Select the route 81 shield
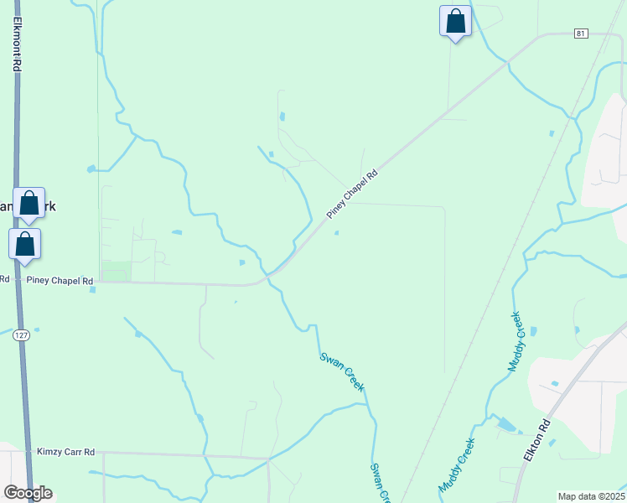[x=581, y=33]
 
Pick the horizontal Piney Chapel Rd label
[x=60, y=281]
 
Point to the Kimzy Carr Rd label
[x=66, y=452]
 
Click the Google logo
[x=28, y=492]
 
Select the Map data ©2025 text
[x=590, y=496]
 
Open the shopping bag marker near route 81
[x=455, y=21]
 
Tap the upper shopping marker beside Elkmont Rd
[x=28, y=203]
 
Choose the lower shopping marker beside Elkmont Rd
[x=25, y=244]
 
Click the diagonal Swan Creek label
[x=342, y=371]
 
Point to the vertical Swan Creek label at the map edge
[x=381, y=483]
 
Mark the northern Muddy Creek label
[x=515, y=342]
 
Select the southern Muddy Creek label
[x=456, y=466]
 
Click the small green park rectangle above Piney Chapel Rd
[x=117, y=272]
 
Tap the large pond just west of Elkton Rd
[x=507, y=425]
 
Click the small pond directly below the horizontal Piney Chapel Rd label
[x=92, y=290]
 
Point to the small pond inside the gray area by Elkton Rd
[x=555, y=384]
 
